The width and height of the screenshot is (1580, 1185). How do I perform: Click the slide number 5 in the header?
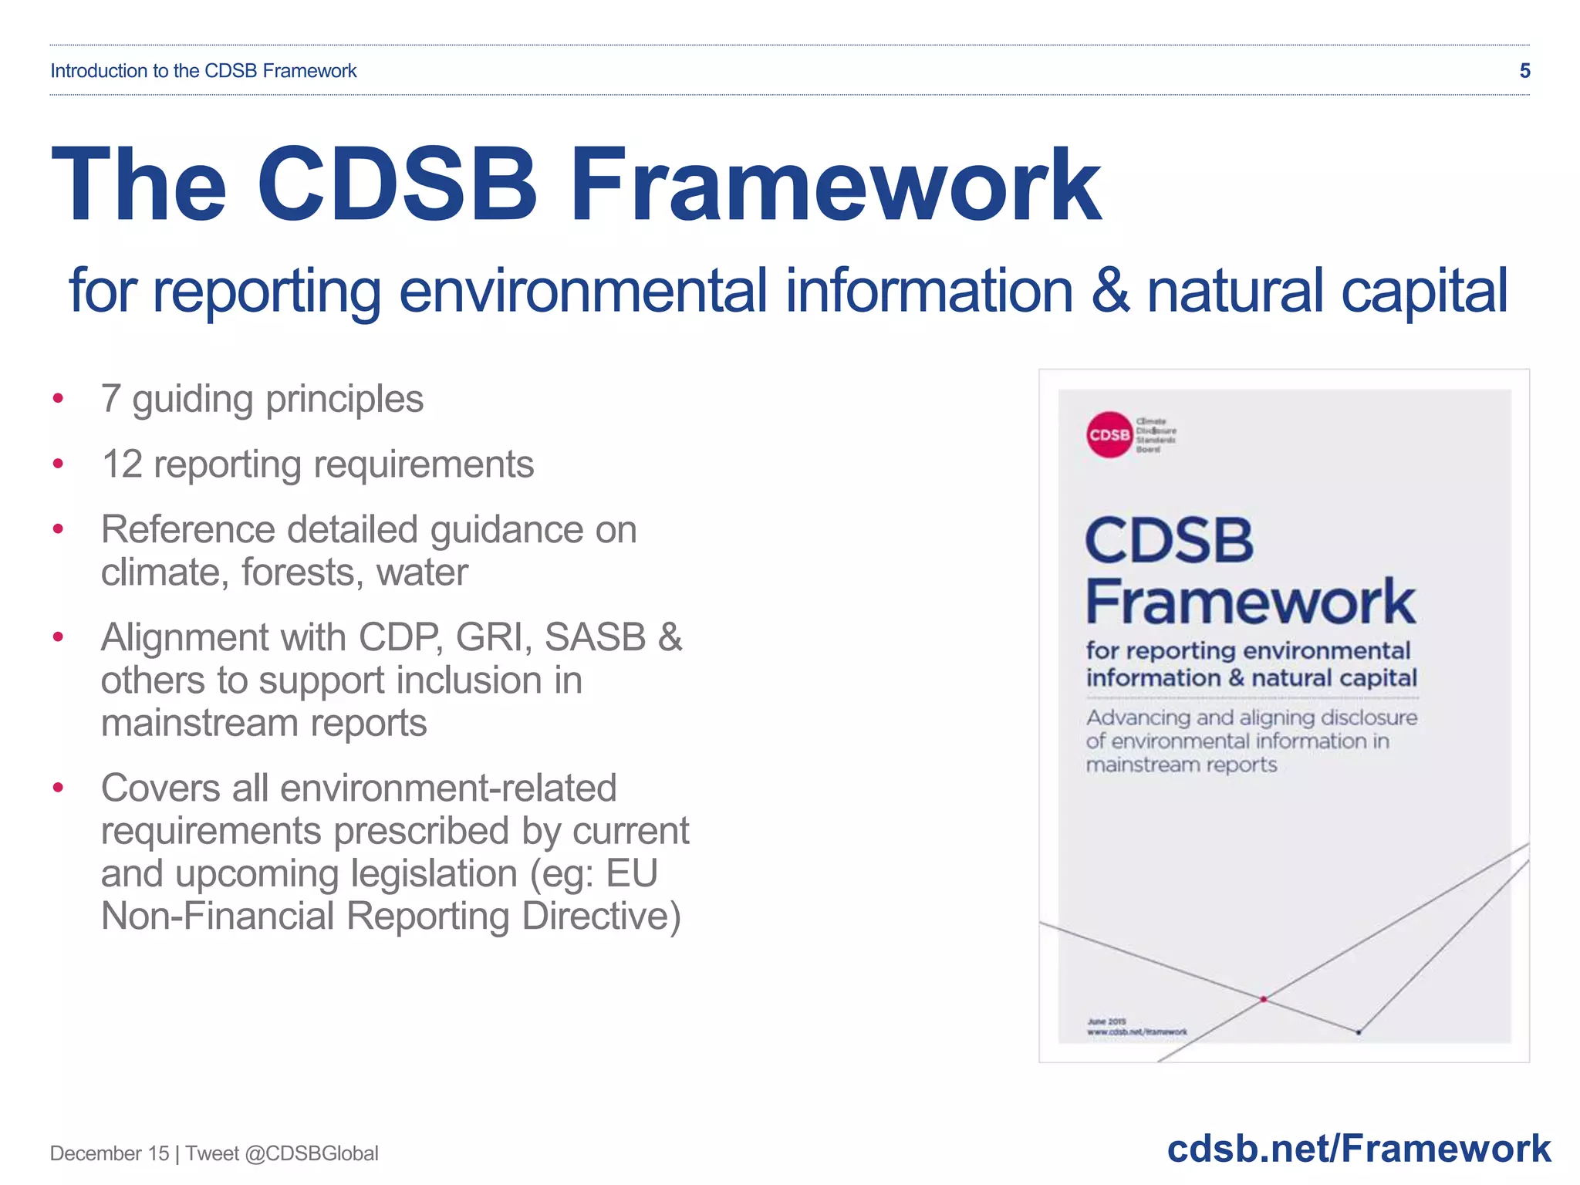[1524, 71]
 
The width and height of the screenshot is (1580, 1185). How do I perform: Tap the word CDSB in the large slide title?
[396, 185]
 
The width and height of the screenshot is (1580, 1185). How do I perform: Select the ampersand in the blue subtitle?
[1111, 292]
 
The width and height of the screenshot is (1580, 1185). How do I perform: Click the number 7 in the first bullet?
[111, 400]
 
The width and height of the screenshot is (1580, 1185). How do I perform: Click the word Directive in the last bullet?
[601, 917]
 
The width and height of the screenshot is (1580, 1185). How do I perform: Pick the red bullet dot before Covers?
[58, 788]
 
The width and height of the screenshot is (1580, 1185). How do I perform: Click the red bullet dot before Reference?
[58, 530]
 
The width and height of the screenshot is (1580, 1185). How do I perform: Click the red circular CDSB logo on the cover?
[1109, 434]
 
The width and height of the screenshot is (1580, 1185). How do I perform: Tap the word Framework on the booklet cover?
[1250, 602]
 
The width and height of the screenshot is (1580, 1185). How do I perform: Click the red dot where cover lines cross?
[1264, 999]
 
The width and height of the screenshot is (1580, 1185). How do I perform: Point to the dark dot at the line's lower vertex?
[1359, 1031]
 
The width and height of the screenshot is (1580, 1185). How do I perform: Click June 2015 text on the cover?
[1106, 1021]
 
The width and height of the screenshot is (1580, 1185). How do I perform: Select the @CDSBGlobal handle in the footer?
[312, 1153]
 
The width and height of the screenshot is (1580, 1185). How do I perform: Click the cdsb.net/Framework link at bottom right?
[1358, 1149]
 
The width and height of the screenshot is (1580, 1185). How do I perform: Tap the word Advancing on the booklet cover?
[1138, 718]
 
